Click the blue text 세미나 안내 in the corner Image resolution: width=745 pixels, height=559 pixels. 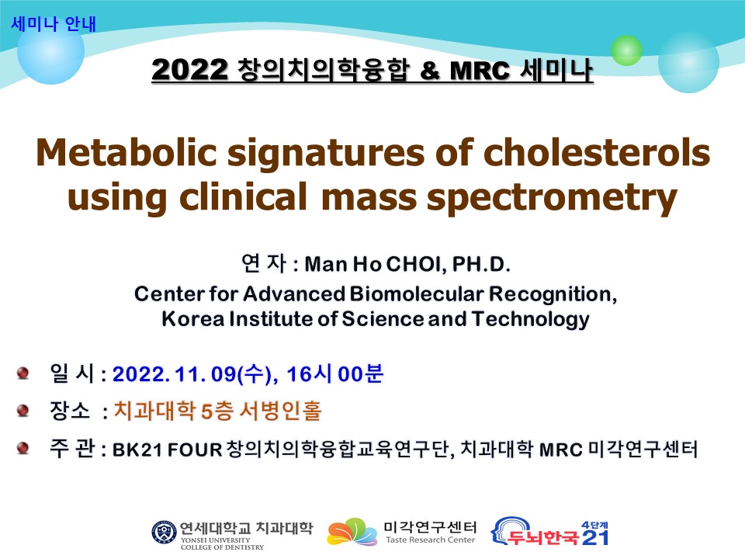(54, 24)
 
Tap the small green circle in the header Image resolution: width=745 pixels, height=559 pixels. (626, 50)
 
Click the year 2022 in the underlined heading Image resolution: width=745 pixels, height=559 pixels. (189, 70)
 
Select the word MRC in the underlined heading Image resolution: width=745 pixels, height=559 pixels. (479, 71)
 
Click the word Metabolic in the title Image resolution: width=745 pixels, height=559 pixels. (126, 153)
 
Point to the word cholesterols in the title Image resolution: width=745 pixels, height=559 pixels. (596, 153)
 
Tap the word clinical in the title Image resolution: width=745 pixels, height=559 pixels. (243, 196)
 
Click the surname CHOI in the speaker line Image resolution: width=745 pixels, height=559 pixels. (416, 264)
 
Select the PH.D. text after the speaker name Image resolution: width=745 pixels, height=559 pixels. (481, 264)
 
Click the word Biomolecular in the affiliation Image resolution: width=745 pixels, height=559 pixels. (416, 293)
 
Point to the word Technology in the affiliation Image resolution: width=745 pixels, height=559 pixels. (530, 319)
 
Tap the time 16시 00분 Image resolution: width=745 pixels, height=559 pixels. (334, 373)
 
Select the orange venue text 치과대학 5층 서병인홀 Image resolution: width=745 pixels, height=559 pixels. (218, 411)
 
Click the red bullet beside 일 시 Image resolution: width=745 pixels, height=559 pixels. (23, 373)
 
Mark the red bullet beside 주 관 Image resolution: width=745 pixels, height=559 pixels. (23, 448)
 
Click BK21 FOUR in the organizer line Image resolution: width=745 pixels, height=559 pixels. (168, 450)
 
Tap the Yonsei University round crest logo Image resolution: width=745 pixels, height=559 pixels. (164, 533)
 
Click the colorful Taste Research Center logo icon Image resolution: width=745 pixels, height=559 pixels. (352, 532)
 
